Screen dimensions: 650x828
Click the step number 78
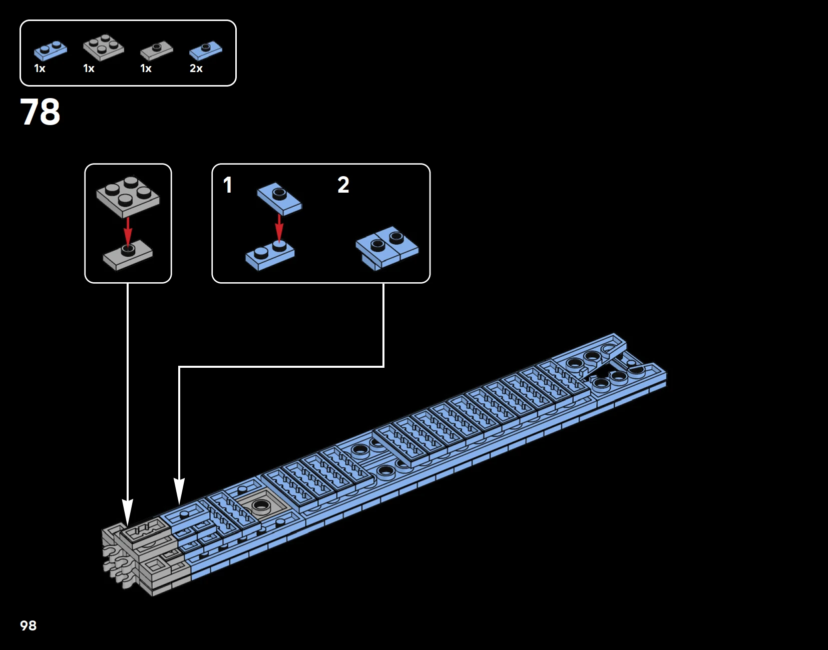pos(40,112)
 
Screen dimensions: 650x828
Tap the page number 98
pos(28,625)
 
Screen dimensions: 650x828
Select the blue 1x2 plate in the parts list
pos(50,50)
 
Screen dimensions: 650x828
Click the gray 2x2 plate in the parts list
pos(104,47)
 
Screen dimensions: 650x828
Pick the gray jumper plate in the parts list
pos(156,50)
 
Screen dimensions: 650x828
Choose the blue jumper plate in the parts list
pos(206,50)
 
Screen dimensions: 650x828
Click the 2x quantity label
pos(196,69)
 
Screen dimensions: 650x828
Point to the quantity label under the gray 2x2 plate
pos(89,69)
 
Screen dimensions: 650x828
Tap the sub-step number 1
pos(228,185)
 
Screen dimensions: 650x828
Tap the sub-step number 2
pos(343,185)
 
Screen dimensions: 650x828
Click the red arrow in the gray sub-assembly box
pos(128,231)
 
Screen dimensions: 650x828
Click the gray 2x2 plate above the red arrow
pos(128,196)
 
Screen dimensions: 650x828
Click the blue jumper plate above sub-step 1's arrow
pos(279,198)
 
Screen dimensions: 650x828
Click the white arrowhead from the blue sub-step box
pos(179,490)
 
